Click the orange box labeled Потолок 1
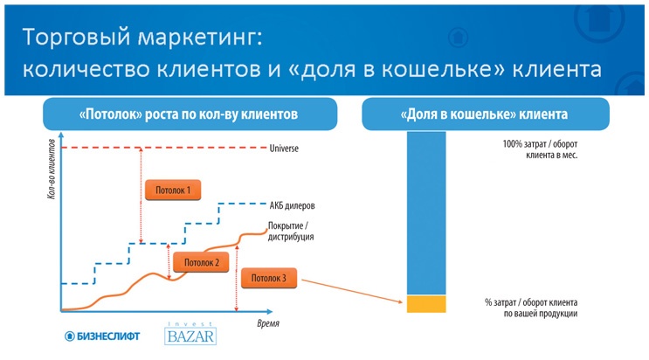coord(172,189)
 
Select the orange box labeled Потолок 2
coord(201,261)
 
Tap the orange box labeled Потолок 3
coord(268,279)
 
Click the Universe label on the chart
coord(285,149)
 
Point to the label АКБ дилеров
coord(292,206)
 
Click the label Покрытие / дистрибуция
coord(292,231)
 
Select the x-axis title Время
coord(268,323)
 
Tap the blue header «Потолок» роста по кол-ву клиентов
coord(190,114)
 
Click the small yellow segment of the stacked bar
coord(426,304)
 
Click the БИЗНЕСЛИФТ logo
coord(102,336)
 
